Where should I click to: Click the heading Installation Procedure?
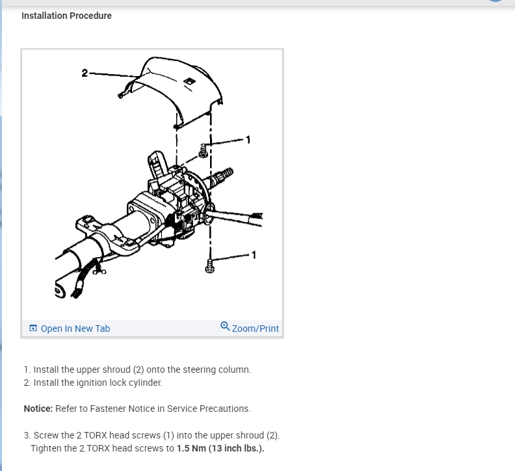click(66, 16)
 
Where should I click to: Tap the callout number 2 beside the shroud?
click(85, 72)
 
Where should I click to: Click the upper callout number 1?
click(247, 139)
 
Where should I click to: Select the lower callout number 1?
click(254, 254)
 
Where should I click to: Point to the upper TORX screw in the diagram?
click(204, 150)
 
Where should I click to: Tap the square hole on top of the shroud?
click(188, 81)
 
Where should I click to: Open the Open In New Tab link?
click(75, 329)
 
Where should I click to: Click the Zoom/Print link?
click(255, 329)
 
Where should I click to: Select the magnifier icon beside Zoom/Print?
click(225, 327)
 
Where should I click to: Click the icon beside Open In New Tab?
click(33, 329)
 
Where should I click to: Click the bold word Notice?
click(37, 409)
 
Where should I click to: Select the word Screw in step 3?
click(46, 435)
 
